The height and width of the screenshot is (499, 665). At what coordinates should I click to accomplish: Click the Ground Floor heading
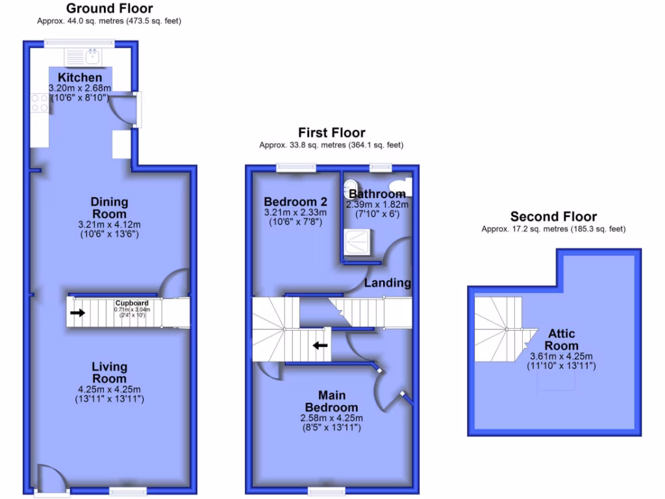pyautogui.click(x=109, y=8)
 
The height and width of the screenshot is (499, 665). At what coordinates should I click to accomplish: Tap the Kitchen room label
pyautogui.click(x=80, y=78)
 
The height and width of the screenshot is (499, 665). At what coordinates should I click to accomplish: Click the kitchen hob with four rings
pyautogui.click(x=40, y=103)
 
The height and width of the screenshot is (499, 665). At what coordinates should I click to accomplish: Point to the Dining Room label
pyautogui.click(x=109, y=208)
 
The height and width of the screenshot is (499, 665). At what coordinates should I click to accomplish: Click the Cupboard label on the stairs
pyautogui.click(x=132, y=303)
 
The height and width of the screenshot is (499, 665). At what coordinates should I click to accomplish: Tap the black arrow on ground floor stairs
pyautogui.click(x=77, y=313)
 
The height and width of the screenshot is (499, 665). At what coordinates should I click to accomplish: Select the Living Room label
pyautogui.click(x=109, y=372)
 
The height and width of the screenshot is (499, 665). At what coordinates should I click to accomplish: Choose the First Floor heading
pyautogui.click(x=331, y=133)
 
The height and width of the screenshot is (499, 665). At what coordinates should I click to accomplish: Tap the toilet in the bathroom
pyautogui.click(x=351, y=185)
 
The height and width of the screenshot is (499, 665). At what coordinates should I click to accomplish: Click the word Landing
pyautogui.click(x=387, y=283)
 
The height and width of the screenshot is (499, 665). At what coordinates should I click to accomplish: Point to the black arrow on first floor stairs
pyautogui.click(x=320, y=345)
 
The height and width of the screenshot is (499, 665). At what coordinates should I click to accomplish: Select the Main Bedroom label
pyautogui.click(x=331, y=401)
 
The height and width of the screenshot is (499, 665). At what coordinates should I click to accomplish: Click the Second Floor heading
pyautogui.click(x=553, y=216)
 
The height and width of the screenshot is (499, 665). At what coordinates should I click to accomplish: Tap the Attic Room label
pyautogui.click(x=560, y=339)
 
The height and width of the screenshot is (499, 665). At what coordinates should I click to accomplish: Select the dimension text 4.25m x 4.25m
pyautogui.click(x=109, y=389)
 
